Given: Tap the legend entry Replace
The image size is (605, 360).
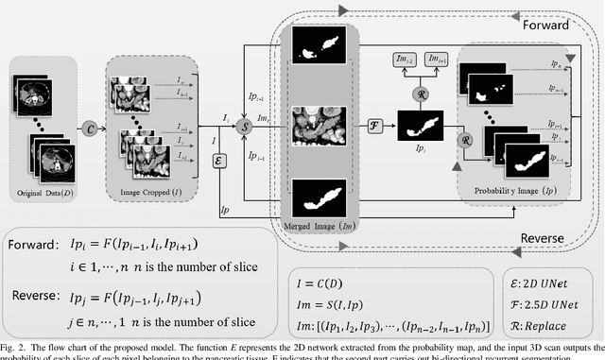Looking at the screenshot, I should [551, 327].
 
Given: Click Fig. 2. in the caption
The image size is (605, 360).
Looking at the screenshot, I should [16, 350].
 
